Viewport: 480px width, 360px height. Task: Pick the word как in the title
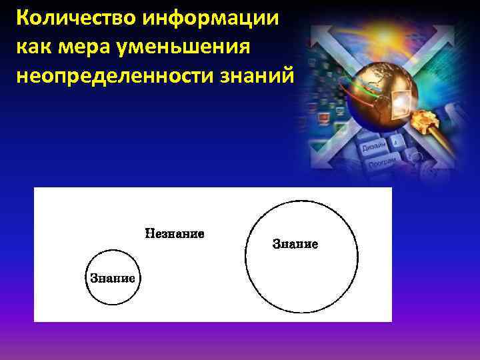33,48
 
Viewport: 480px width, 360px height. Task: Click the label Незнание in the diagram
175,234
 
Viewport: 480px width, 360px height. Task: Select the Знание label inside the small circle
113,278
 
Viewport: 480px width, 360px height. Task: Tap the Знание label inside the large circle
295,244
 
